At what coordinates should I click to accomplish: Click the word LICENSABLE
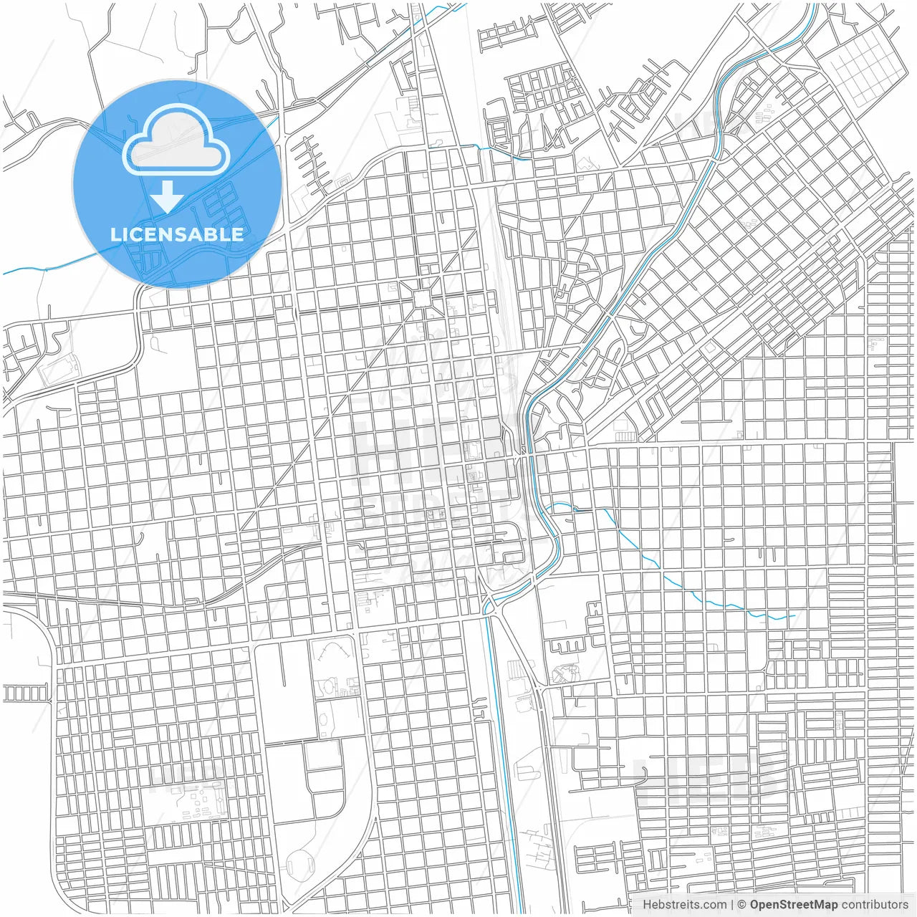click(x=177, y=234)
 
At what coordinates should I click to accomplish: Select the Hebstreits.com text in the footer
click(x=674, y=905)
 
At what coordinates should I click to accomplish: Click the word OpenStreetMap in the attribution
click(x=793, y=905)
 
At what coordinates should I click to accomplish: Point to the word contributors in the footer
click(x=874, y=905)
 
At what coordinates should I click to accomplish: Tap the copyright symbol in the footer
click(x=742, y=905)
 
